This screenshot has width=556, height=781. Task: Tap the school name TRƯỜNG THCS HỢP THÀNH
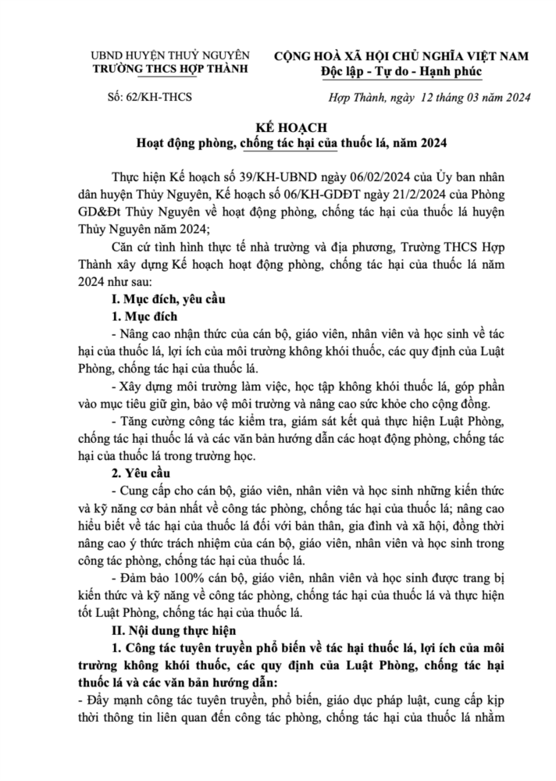(x=171, y=69)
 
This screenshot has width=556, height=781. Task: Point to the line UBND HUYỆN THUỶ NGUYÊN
(x=171, y=55)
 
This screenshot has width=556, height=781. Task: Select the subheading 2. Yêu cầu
(x=143, y=474)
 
